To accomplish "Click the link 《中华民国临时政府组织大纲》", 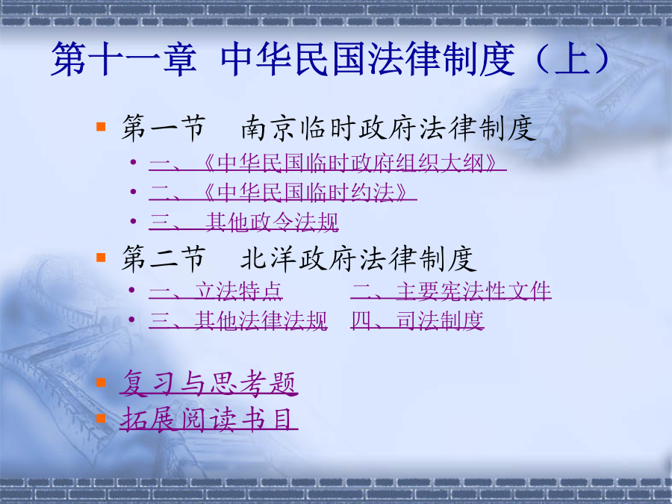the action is click(328, 163).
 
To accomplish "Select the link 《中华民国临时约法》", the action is click(283, 193).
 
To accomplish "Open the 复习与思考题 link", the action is click(209, 383).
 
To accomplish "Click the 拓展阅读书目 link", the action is click(209, 419).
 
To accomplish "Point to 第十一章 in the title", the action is click(124, 59).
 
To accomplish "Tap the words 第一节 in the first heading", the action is click(164, 128).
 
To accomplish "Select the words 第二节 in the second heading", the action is click(164, 259).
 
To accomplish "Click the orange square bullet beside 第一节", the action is click(101, 126).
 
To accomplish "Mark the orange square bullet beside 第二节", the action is click(101, 257).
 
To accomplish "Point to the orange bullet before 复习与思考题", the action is click(101, 382).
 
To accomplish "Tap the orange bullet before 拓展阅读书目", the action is click(101, 418).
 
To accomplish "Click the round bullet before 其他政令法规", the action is click(134, 221).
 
